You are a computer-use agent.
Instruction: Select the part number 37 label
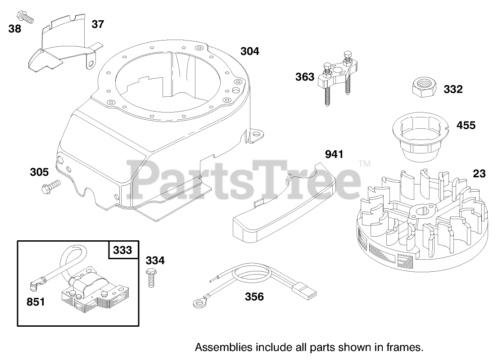click(x=97, y=24)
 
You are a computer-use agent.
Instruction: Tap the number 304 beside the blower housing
click(x=249, y=51)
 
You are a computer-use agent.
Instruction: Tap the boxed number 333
click(x=123, y=250)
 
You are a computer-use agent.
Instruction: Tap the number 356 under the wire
click(x=254, y=297)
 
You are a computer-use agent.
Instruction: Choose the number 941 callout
click(x=334, y=155)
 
